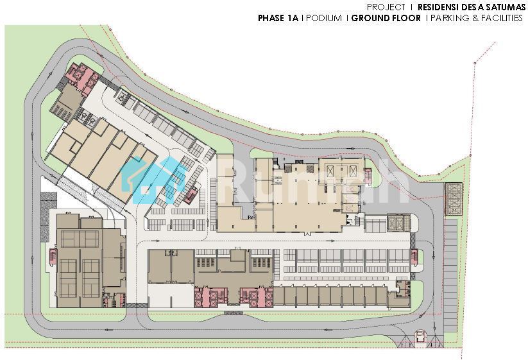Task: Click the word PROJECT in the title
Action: [x=386, y=6]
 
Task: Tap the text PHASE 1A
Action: [x=278, y=18]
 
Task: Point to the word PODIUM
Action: [x=324, y=18]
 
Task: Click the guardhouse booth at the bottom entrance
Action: [x=420, y=336]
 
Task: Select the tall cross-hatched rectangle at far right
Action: [x=453, y=199]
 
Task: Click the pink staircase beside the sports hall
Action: [x=52, y=257]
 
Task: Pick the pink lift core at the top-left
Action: [x=82, y=76]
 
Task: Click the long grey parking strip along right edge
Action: [x=450, y=275]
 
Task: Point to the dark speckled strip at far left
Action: [x=48, y=216]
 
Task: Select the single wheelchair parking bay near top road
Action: [x=121, y=98]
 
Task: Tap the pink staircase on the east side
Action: [x=414, y=257]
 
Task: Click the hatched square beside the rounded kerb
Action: [x=398, y=223]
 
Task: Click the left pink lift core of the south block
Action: [x=209, y=296]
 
